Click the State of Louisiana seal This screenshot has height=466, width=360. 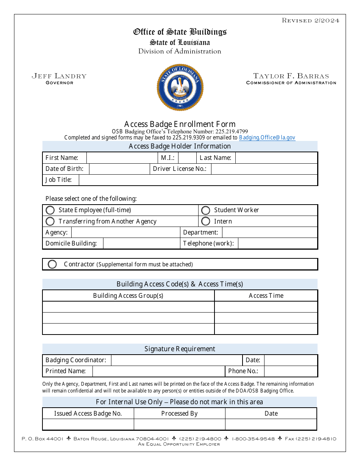[180, 87]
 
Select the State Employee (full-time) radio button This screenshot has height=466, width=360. [50, 210]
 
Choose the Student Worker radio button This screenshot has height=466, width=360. [205, 210]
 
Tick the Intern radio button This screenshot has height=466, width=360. [205, 221]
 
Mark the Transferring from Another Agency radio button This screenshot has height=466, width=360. [50, 221]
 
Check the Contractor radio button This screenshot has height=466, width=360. [52, 264]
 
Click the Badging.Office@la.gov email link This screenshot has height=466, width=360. [267, 138]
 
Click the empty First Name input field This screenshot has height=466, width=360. [122, 158]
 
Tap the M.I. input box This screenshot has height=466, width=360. [187, 158]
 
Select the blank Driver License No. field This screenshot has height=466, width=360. [264, 169]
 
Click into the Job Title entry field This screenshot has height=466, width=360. [198, 180]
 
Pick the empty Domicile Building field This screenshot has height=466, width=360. [141, 243]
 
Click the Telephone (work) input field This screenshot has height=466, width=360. [277, 243]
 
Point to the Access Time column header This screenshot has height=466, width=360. [266, 296]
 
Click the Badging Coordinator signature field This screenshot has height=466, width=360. [177, 360]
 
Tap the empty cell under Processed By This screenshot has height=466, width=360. [180, 424]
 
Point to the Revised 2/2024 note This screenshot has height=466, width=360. [310, 20]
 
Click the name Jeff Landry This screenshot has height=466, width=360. [59, 76]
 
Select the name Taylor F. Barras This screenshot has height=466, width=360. [291, 76]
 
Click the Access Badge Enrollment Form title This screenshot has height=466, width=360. [180, 124]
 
